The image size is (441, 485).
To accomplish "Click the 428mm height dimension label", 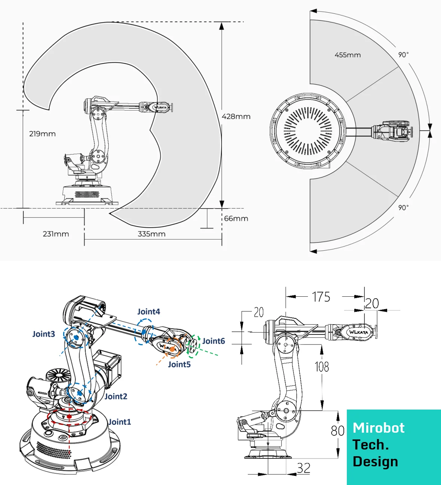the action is [x=236, y=117].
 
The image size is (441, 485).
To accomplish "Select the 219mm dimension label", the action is [x=42, y=134].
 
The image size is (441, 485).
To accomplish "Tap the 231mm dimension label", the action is [x=56, y=234].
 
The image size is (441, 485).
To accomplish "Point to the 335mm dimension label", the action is [x=152, y=234].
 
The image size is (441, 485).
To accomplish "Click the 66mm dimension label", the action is [x=236, y=219].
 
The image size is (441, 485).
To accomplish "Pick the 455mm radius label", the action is [x=348, y=55].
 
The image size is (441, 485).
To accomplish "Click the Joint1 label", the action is [x=120, y=422].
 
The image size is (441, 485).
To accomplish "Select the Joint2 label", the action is [x=116, y=396].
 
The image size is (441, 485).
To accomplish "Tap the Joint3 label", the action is [x=44, y=334].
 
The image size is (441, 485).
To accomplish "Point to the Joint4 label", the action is [x=149, y=312].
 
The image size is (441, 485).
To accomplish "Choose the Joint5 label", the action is [x=179, y=364].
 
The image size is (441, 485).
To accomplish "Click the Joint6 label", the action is [x=214, y=341].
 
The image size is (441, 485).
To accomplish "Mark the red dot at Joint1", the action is [x=70, y=416].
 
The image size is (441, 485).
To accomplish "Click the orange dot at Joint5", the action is [x=172, y=349].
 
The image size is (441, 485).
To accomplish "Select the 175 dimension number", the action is [x=321, y=297].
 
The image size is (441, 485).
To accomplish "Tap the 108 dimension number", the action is [x=322, y=367].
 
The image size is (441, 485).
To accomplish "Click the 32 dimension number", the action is [x=304, y=468].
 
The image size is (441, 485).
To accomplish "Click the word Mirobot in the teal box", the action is [x=379, y=428].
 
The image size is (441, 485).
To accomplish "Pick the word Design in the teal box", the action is [x=375, y=462].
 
